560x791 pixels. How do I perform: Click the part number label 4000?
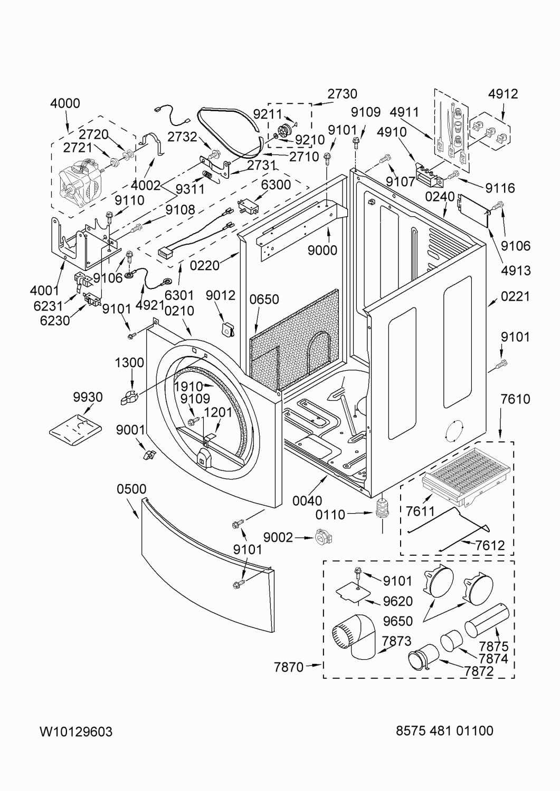(65, 103)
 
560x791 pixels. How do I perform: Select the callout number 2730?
(342, 93)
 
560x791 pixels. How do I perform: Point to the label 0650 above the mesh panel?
(264, 299)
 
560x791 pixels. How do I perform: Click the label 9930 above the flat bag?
(88, 397)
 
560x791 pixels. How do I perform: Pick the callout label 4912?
(502, 93)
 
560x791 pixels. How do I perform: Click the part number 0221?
(516, 296)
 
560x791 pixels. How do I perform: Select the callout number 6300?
(276, 185)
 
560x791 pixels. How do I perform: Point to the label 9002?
(278, 537)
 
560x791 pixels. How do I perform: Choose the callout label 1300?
(129, 362)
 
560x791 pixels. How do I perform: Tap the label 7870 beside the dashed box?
(289, 667)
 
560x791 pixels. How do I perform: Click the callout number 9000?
(322, 250)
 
